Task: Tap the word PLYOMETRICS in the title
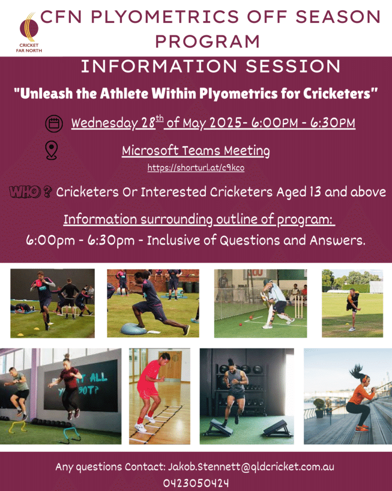pyautogui.click(x=165, y=17)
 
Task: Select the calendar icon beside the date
pyautogui.click(x=54, y=123)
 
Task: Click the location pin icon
pyautogui.click(x=52, y=150)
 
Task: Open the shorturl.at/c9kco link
pyautogui.click(x=196, y=168)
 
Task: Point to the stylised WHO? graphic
pyautogui.click(x=30, y=192)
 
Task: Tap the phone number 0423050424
pyautogui.click(x=196, y=483)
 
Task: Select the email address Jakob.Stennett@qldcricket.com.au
pyautogui.click(x=251, y=467)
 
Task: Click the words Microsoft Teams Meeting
pyautogui.click(x=196, y=151)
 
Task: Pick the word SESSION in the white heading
pyautogui.click(x=293, y=66)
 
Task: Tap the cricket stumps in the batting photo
pyautogui.click(x=299, y=307)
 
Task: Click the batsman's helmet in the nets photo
pyautogui.click(x=267, y=282)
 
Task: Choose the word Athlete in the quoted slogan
pyautogui.click(x=124, y=94)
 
